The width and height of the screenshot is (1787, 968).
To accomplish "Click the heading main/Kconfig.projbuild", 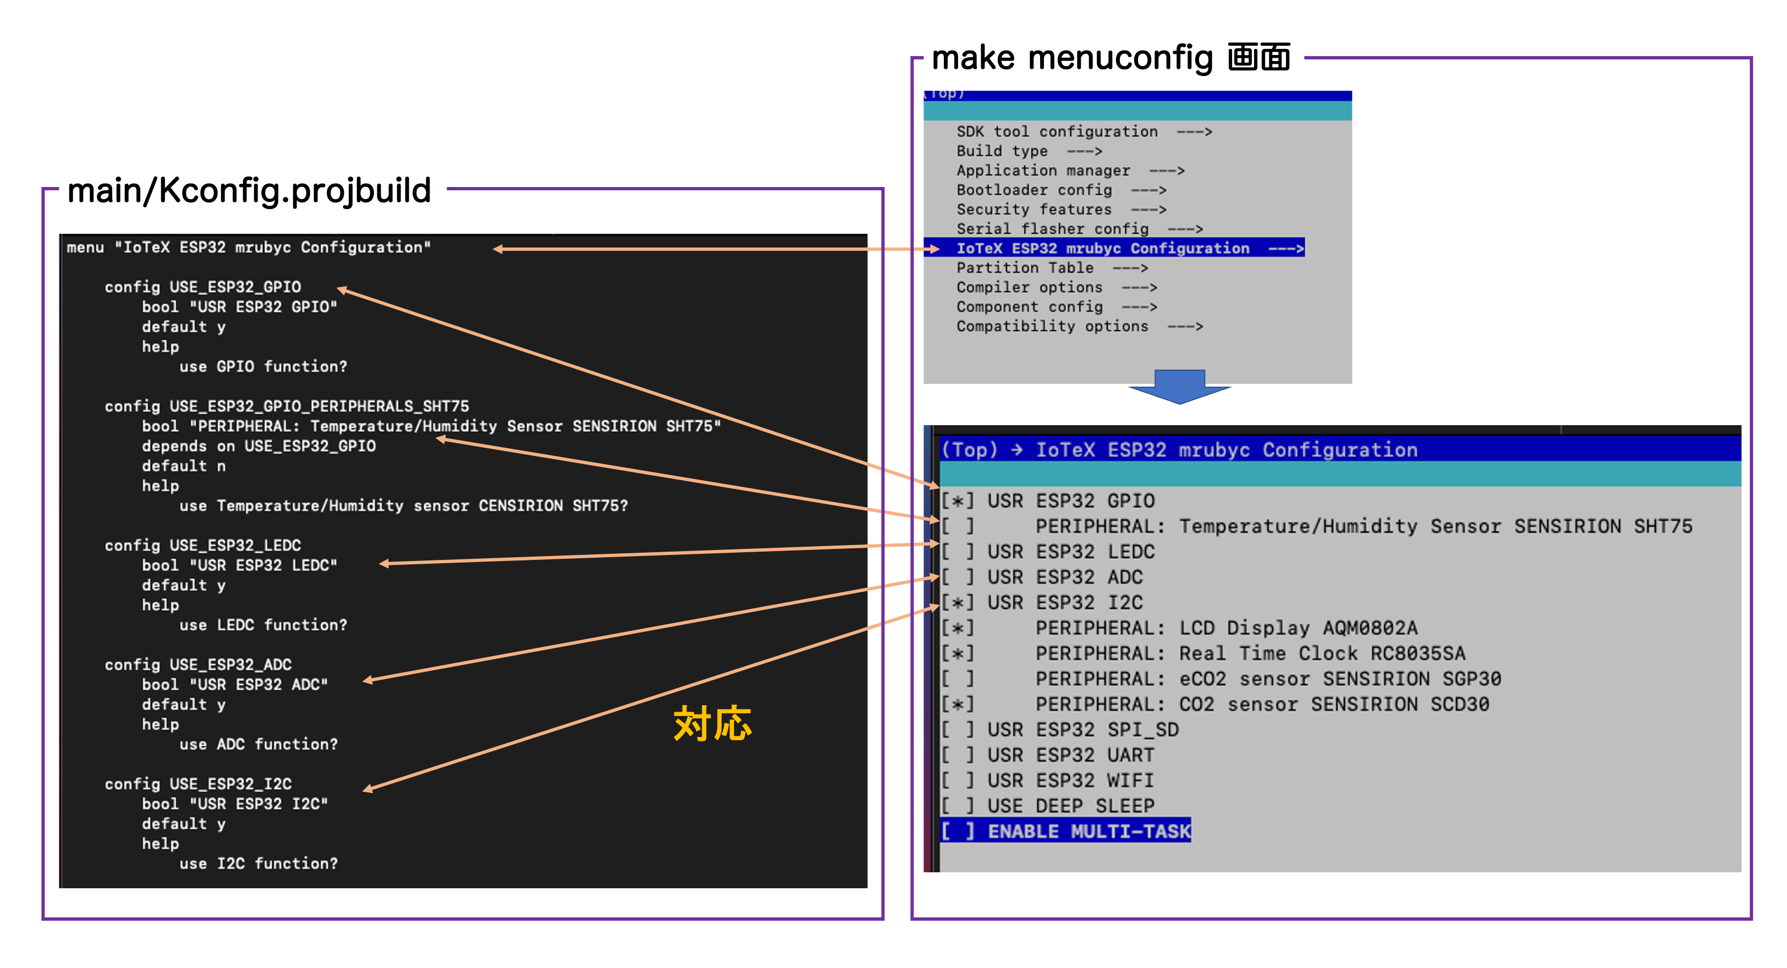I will (x=249, y=190).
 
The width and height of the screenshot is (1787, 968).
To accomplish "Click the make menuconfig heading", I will (x=1110, y=58).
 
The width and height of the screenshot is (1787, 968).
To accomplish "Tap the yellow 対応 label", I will (x=712, y=724).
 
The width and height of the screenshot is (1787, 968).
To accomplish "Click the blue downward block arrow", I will (x=1179, y=387).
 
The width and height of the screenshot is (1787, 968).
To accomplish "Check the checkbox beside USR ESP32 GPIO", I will (x=958, y=501).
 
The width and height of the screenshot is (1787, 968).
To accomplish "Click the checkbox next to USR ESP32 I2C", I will (x=958, y=602).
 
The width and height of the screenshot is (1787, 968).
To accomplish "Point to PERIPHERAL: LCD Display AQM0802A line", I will (x=1226, y=628).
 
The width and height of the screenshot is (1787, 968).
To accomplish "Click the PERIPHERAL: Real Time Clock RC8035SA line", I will (x=1250, y=653).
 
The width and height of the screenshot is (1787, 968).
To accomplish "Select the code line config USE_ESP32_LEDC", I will (x=202, y=546).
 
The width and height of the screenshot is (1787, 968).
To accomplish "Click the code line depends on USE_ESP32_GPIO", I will (x=259, y=446).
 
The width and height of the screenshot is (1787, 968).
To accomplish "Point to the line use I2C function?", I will (x=258, y=863).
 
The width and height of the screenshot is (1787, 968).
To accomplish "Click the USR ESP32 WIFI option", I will (x=1070, y=780).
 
